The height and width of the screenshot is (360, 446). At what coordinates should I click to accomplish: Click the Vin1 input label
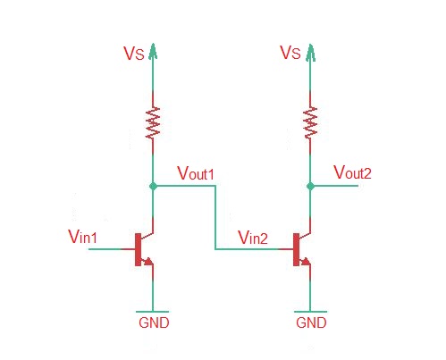pyautogui.click(x=82, y=237)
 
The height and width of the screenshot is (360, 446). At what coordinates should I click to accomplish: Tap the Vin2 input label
pyautogui.click(x=253, y=238)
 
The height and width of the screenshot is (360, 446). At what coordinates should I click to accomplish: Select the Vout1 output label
pyautogui.click(x=196, y=172)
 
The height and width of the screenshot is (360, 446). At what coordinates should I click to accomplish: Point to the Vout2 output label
pyautogui.click(x=352, y=172)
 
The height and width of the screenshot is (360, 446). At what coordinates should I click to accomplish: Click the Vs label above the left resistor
pyautogui.click(x=134, y=54)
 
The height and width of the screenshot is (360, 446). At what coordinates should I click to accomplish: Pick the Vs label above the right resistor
pyautogui.click(x=290, y=53)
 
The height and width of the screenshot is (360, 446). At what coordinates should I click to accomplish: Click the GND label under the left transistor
pyautogui.click(x=154, y=322)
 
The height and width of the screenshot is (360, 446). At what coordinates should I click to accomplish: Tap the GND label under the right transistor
pyautogui.click(x=311, y=322)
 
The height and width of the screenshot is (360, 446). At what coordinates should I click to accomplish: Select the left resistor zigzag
pyautogui.click(x=153, y=122)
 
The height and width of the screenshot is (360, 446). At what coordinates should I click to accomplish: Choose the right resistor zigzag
pyautogui.click(x=310, y=122)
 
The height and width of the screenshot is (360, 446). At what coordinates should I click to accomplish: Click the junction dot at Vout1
pyautogui.click(x=153, y=187)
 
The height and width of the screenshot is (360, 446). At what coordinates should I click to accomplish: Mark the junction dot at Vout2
pyautogui.click(x=310, y=187)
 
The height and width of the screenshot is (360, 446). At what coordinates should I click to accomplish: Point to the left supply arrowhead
pyautogui.click(x=153, y=51)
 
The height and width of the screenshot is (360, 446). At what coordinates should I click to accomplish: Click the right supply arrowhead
pyautogui.click(x=310, y=52)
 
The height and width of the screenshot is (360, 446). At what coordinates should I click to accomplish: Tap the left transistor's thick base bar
pyautogui.click(x=138, y=249)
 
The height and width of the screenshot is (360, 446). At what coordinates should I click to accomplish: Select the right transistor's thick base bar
pyautogui.click(x=296, y=249)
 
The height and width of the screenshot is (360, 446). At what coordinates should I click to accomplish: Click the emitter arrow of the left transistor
pyautogui.click(x=148, y=262)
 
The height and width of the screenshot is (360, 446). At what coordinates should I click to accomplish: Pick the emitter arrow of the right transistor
pyautogui.click(x=306, y=262)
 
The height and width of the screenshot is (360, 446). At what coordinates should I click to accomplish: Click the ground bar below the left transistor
pyautogui.click(x=153, y=312)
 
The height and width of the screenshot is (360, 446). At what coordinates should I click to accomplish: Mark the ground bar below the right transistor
pyautogui.click(x=310, y=312)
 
